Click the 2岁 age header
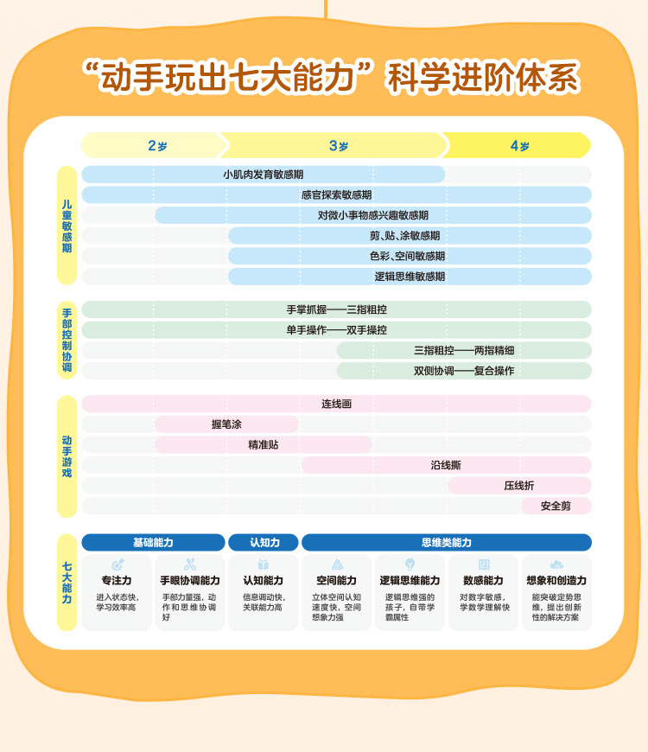click(156, 146)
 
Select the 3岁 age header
click(338, 146)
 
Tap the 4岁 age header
click(519, 146)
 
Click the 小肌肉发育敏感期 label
click(263, 175)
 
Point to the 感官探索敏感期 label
click(336, 195)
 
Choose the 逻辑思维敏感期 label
click(410, 277)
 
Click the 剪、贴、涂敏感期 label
click(410, 236)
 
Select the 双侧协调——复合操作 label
click(464, 371)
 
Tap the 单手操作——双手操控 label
click(336, 330)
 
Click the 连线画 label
click(336, 404)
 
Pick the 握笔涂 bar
click(226, 424)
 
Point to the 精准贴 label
click(263, 444)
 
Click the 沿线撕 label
click(446, 465)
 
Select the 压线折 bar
click(519, 486)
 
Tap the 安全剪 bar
click(556, 506)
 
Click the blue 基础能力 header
click(153, 543)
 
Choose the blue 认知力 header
click(264, 543)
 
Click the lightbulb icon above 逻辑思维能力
click(410, 564)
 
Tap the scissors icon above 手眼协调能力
click(190, 564)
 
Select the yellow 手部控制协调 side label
click(67, 340)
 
